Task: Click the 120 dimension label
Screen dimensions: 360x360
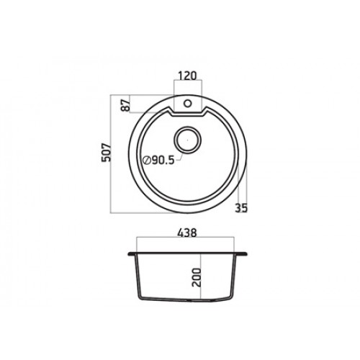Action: coord(187,76)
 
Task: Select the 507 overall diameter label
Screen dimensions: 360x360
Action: coord(106,153)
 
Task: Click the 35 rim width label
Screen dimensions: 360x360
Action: coord(241,208)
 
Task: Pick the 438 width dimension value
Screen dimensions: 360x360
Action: coord(187,233)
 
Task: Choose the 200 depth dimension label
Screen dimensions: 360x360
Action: coord(197,277)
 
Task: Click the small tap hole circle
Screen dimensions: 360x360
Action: coord(187,104)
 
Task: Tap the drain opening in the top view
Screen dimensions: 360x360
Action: coord(187,140)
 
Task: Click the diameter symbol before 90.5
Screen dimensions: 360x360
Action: coord(146,161)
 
